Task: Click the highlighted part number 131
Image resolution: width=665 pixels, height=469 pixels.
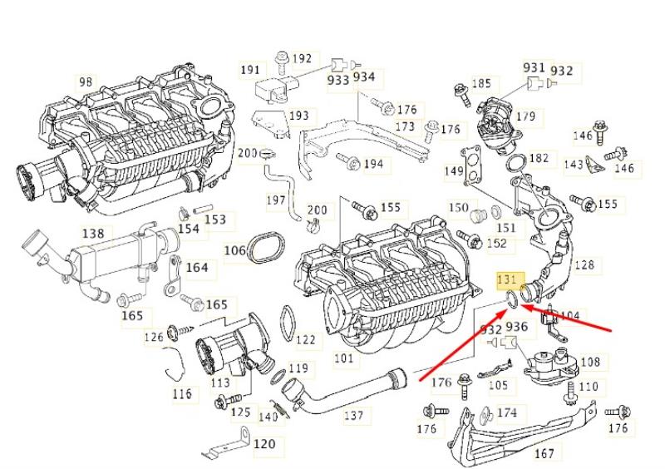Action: click(x=507, y=279)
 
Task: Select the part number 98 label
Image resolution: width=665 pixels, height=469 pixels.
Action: click(x=86, y=82)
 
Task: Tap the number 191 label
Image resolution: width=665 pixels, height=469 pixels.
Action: click(x=250, y=69)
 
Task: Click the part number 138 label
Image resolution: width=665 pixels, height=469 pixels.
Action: click(x=93, y=234)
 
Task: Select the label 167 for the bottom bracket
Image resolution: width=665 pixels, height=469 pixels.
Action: click(x=544, y=453)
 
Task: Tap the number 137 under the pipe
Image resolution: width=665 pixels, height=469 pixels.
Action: click(x=354, y=415)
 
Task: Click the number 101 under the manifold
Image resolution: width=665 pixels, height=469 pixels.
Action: click(x=343, y=358)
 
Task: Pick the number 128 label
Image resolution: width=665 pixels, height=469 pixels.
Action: click(x=584, y=264)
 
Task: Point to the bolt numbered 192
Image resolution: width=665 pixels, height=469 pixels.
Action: click(x=281, y=63)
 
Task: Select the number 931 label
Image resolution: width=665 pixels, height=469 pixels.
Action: click(x=534, y=67)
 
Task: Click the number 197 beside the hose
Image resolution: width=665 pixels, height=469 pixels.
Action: click(x=276, y=200)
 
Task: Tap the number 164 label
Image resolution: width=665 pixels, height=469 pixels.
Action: click(x=197, y=268)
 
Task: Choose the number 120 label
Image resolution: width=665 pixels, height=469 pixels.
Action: click(x=264, y=444)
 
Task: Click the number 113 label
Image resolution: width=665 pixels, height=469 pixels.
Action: click(x=220, y=383)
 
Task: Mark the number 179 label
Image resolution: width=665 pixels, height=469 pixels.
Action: click(x=526, y=116)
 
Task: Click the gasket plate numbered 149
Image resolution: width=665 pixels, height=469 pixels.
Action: click(x=471, y=165)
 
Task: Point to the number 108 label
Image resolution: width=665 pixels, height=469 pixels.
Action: click(x=590, y=362)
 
